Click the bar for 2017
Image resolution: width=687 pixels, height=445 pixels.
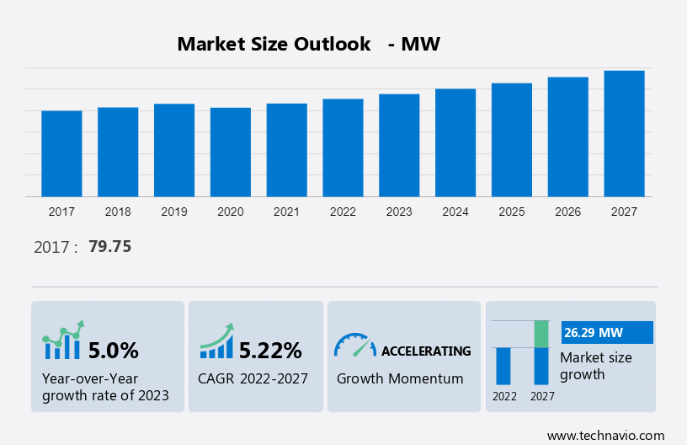61,153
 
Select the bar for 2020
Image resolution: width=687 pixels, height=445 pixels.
231,152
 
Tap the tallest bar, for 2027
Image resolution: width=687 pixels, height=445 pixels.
624,133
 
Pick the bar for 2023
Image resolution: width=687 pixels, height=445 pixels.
399,145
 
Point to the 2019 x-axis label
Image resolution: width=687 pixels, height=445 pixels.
174,212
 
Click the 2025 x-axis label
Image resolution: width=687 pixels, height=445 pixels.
512,212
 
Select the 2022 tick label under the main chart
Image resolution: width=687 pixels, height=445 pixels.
343,212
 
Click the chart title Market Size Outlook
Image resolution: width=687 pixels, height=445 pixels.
274,45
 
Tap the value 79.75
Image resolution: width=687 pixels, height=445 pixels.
109,247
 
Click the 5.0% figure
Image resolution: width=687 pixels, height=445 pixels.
113,350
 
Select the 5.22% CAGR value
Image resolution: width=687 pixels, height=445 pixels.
270,350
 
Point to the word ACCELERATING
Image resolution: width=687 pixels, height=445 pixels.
426,351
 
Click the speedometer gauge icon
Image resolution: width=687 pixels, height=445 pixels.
354,345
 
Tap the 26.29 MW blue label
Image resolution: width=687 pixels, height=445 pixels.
606,332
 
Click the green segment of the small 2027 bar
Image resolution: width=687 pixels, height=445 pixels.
541,334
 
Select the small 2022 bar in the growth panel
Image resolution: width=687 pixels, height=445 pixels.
503,366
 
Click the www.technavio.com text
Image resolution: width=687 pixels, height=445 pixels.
605,435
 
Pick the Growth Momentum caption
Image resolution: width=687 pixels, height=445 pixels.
400,378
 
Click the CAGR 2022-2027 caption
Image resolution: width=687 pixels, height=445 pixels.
253,378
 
